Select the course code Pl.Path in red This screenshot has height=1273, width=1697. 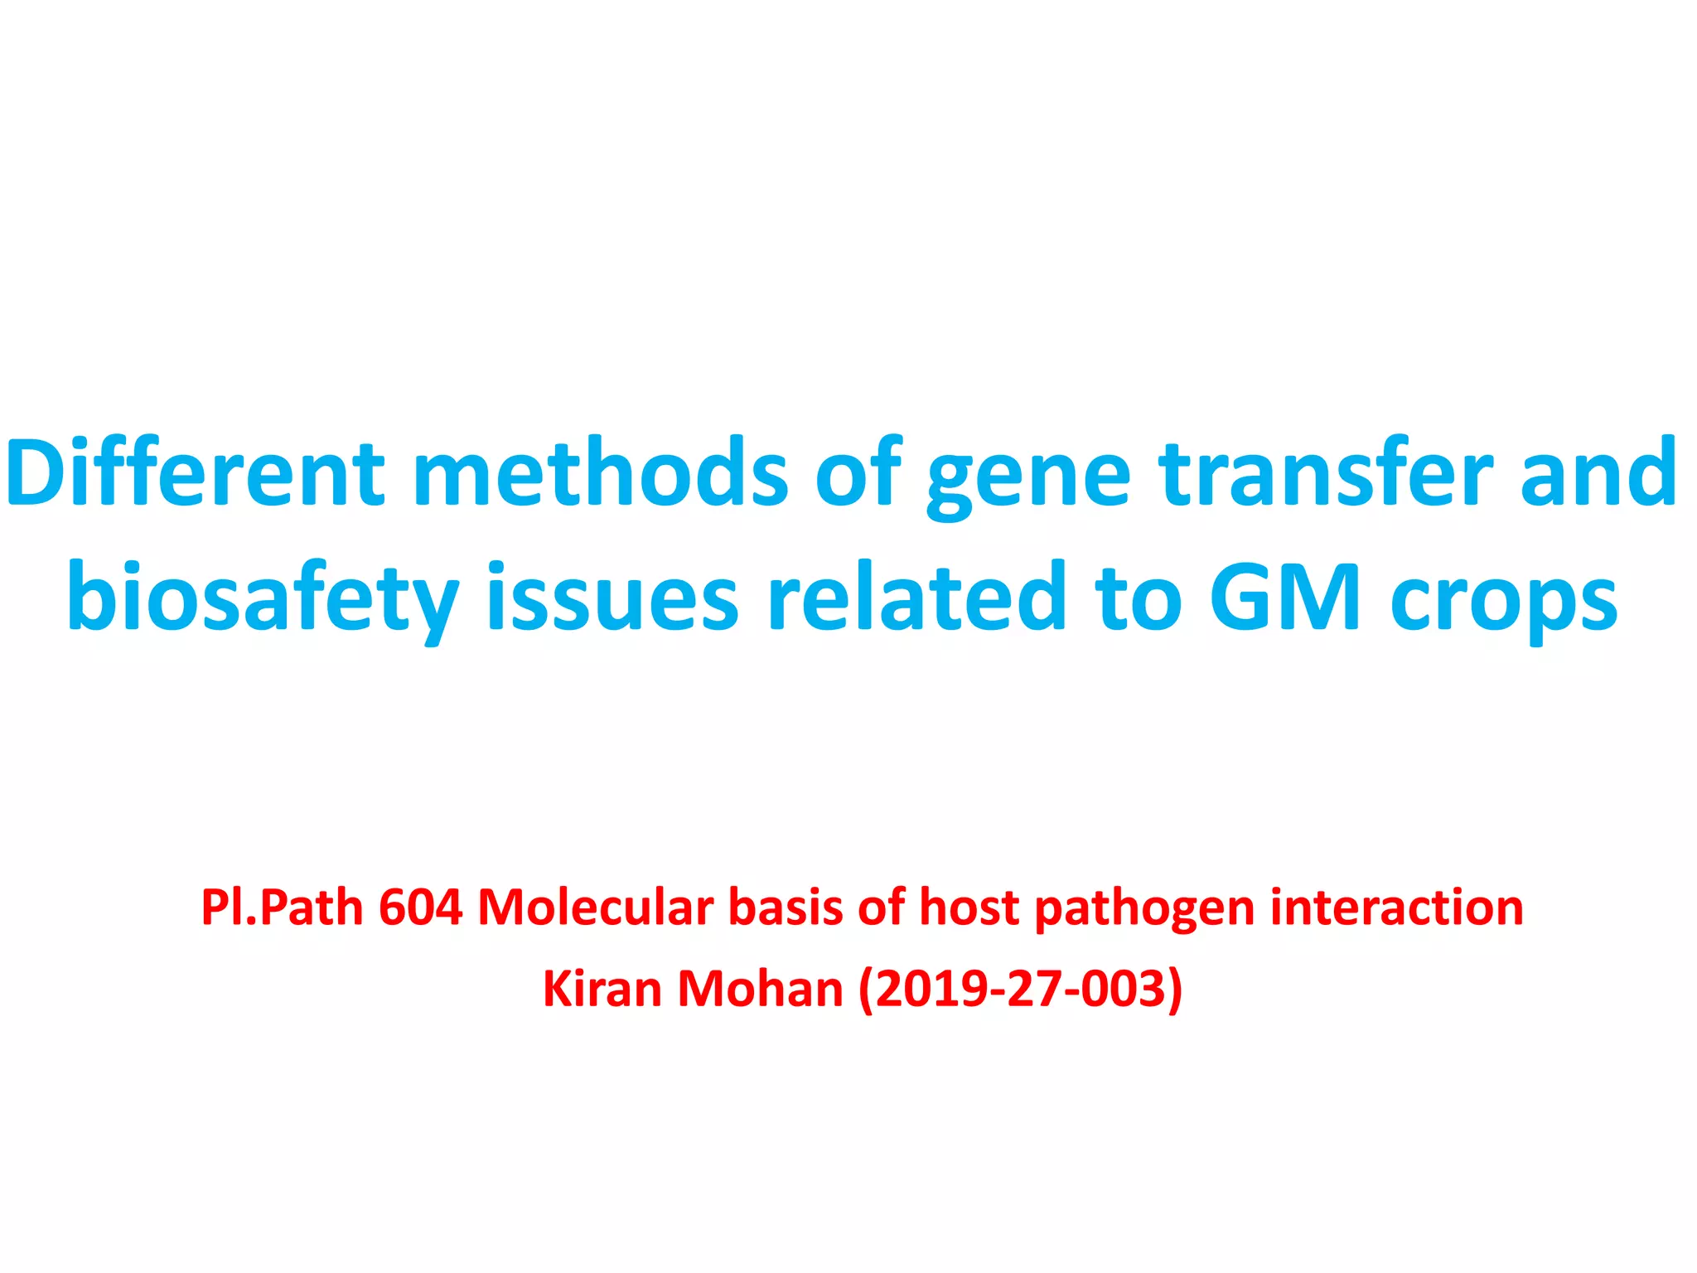click(x=282, y=908)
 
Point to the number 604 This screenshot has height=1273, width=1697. click(x=420, y=908)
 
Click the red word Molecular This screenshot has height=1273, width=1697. click(x=595, y=908)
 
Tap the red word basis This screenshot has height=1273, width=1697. click(x=785, y=908)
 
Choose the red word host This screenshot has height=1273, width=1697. click(x=969, y=908)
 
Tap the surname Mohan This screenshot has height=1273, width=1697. click(x=761, y=989)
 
